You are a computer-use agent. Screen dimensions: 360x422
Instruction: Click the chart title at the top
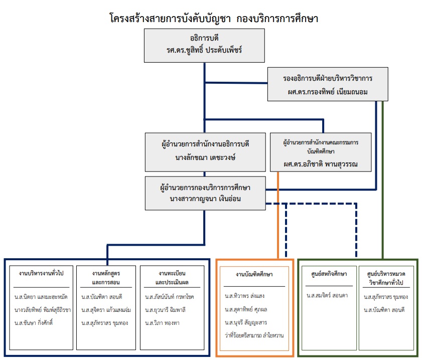click(x=214, y=19)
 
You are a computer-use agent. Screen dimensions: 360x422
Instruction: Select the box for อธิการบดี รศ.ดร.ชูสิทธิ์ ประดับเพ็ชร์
click(x=205, y=46)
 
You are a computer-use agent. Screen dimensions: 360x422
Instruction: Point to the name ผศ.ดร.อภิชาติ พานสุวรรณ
click(x=321, y=164)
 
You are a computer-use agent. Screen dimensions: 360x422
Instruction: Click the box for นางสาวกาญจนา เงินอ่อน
click(x=205, y=193)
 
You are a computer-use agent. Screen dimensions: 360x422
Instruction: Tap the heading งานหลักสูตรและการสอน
click(x=106, y=277)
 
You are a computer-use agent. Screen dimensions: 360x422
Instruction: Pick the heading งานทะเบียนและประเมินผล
click(x=171, y=277)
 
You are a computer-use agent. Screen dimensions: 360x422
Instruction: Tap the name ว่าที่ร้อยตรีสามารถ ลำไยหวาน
click(x=254, y=334)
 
